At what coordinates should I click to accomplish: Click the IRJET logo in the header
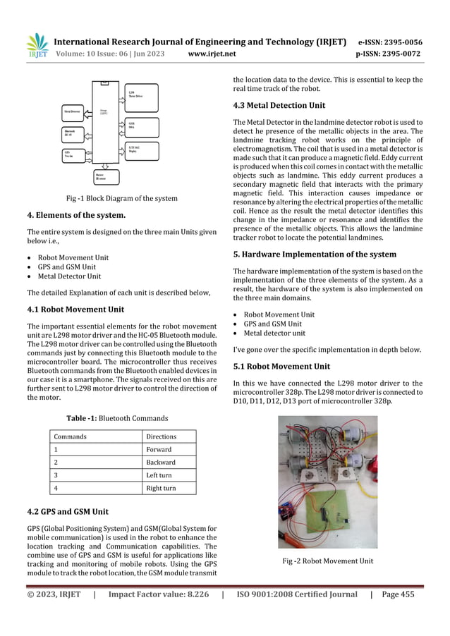click(36, 46)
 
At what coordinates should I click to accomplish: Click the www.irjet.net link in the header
click(212, 53)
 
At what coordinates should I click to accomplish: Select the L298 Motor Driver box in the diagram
click(140, 94)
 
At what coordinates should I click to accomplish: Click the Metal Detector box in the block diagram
click(73, 111)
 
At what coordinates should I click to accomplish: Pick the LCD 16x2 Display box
click(140, 149)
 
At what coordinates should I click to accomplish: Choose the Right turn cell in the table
click(163, 487)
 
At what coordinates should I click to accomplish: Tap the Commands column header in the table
click(71, 436)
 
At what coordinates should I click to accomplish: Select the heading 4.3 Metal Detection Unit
click(279, 106)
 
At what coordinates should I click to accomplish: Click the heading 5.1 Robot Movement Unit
click(281, 366)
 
